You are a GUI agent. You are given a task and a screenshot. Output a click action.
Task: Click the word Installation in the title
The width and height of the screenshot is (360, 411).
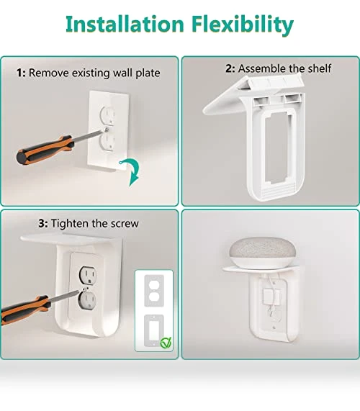pyautogui.click(x=125, y=24)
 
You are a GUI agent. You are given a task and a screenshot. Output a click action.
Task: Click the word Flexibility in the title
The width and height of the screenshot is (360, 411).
pyautogui.click(x=242, y=25)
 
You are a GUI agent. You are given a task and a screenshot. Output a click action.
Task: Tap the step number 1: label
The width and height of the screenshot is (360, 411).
pyautogui.click(x=21, y=73)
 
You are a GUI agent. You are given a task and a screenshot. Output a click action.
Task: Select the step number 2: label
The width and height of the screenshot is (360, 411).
pyautogui.click(x=230, y=68)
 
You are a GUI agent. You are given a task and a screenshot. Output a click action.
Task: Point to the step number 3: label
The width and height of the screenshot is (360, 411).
pyautogui.click(x=43, y=223)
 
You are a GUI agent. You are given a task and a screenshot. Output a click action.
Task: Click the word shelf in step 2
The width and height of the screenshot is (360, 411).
pyautogui.click(x=319, y=68)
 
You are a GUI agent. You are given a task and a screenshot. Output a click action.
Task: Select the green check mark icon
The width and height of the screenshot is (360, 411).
pyautogui.click(x=166, y=343)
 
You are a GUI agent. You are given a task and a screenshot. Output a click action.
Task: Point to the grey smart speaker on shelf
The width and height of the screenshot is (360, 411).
pyautogui.click(x=263, y=253)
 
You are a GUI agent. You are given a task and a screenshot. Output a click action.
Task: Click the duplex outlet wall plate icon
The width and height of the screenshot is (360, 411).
pyautogui.click(x=154, y=290)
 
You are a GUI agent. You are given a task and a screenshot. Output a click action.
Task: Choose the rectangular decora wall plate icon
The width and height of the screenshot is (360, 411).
pyautogui.click(x=154, y=330)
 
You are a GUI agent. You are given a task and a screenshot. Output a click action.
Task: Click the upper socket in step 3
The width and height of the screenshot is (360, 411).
pyautogui.click(x=88, y=276)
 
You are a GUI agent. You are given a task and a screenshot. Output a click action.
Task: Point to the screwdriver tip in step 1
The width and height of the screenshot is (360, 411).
pyautogui.click(x=107, y=130)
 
